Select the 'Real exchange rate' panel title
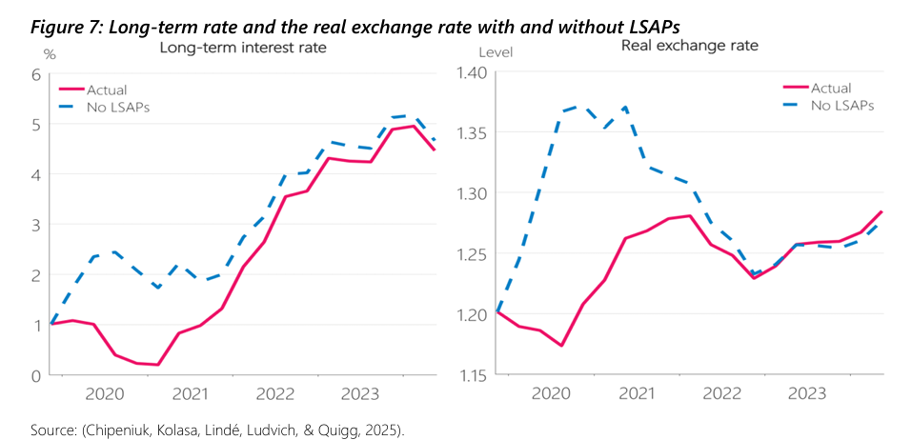pyautogui.click(x=681, y=46)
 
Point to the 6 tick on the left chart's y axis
pyautogui.click(x=35, y=75)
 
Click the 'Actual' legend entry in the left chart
pyautogui.click(x=106, y=90)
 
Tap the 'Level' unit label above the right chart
pyautogui.click(x=495, y=52)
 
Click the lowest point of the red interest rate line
pyautogui.click(x=157, y=365)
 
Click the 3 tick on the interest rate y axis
pyautogui.click(x=35, y=225)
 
